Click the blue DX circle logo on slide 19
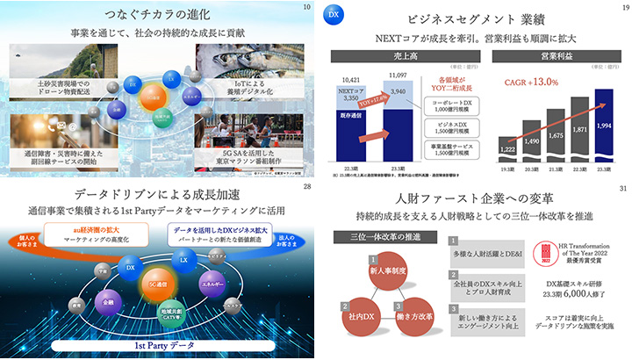pos(333,17)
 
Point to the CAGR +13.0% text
pos(531,83)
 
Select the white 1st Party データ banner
pos(157,347)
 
